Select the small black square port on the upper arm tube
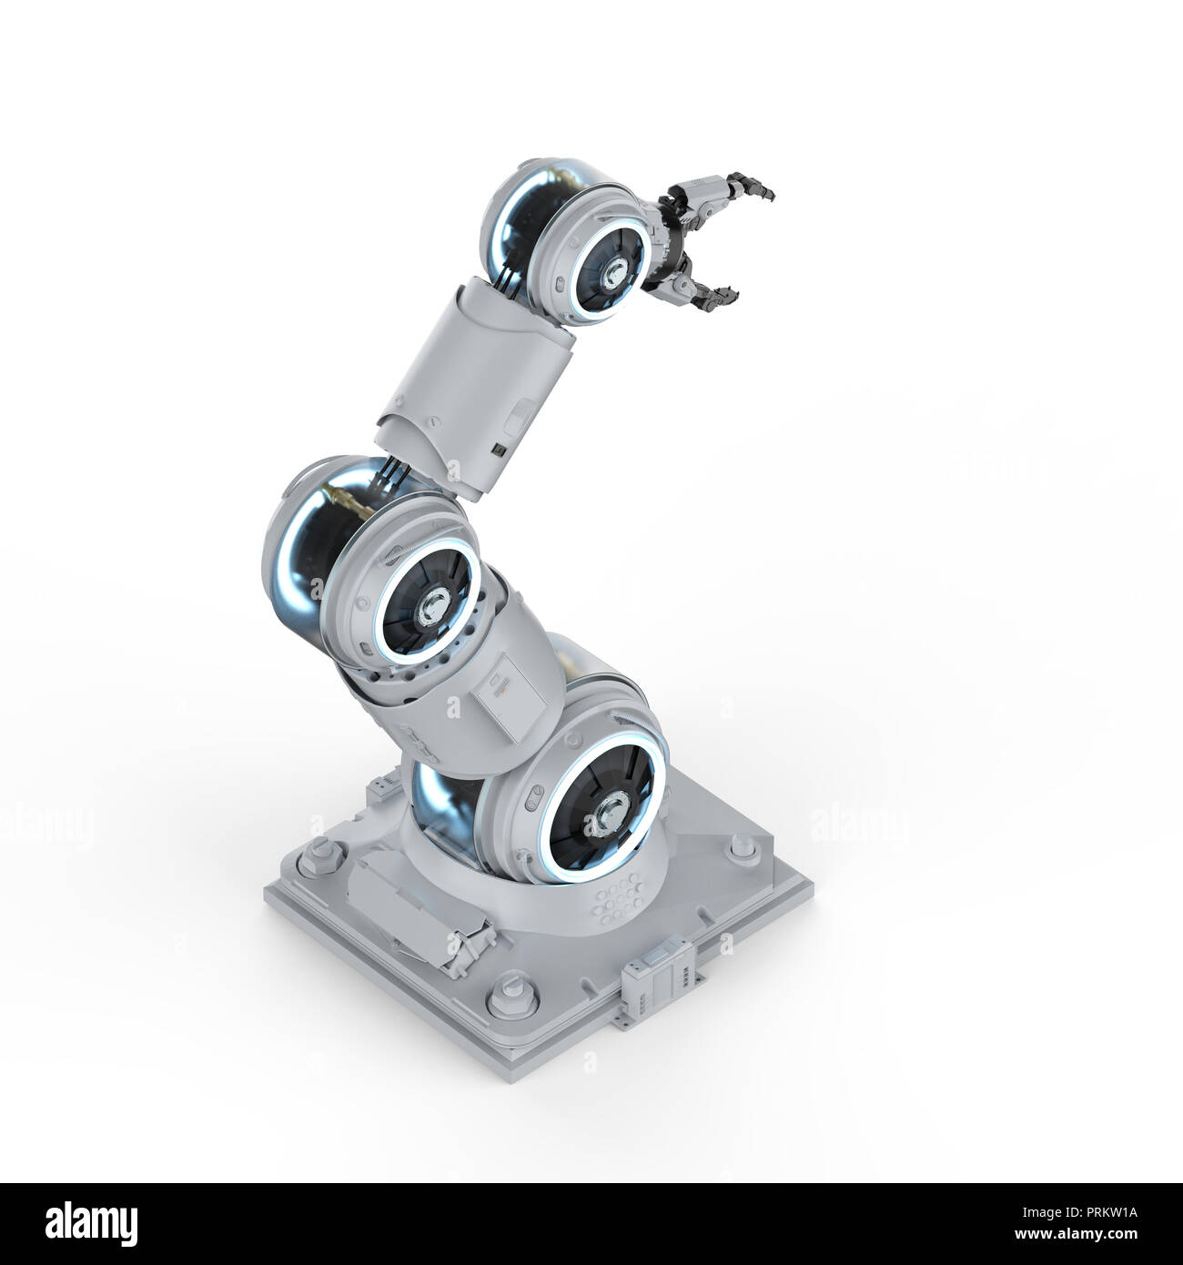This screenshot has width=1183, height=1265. pos(499,449)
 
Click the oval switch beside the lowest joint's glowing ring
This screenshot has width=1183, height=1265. pos(531,803)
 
